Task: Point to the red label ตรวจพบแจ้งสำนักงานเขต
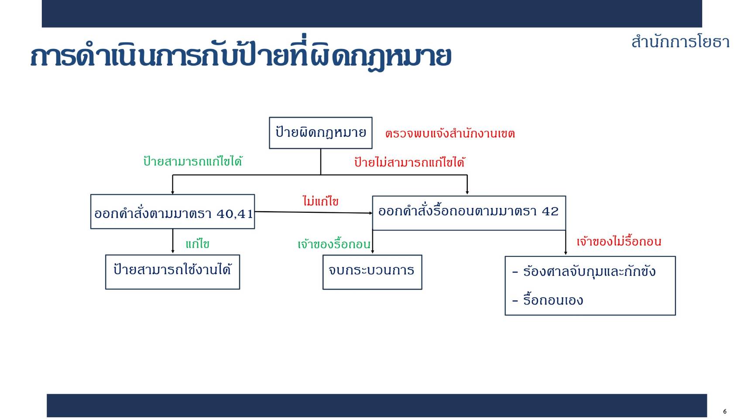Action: tap(450, 134)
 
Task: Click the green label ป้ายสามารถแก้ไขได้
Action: tap(192, 161)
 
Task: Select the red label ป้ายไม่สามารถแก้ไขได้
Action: tap(410, 162)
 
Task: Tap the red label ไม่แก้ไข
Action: tap(321, 201)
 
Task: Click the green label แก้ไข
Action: tap(198, 244)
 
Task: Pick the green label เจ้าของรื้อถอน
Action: tap(334, 244)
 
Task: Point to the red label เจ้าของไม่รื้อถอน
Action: tap(619, 241)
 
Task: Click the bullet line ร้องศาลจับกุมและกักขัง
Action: tap(584, 271)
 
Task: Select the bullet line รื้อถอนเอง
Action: tap(548, 300)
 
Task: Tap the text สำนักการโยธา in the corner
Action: tap(680, 42)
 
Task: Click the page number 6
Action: tap(724, 411)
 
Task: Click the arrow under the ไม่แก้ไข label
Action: tap(314, 212)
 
